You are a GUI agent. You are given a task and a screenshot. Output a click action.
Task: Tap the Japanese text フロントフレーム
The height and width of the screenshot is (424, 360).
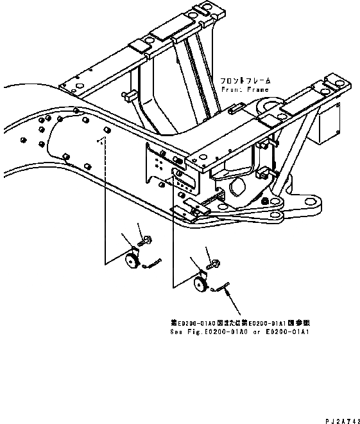point(245,82)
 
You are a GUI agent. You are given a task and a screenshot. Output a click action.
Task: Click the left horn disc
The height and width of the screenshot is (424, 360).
point(132,260)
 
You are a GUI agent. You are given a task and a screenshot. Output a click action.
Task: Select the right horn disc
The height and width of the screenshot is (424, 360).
point(200,284)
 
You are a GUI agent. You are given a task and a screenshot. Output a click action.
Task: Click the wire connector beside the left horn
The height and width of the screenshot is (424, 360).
point(153,263)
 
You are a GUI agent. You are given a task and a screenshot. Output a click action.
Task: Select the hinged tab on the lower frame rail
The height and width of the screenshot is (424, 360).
point(192,206)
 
